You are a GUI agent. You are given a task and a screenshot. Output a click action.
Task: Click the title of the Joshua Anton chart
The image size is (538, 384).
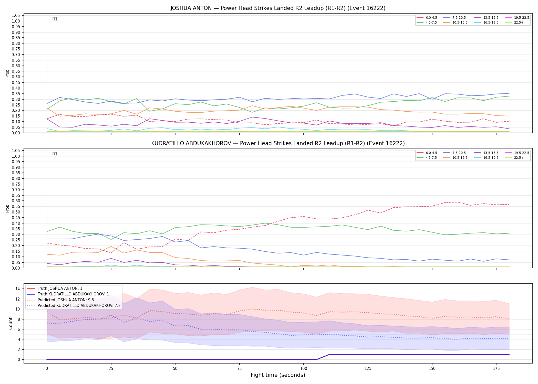278,8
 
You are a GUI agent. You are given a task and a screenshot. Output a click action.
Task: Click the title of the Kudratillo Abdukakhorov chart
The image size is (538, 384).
278,143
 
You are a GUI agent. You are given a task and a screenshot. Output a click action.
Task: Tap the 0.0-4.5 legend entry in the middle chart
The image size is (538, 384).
427,153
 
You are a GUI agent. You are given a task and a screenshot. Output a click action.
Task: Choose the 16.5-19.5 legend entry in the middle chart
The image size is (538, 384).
486,158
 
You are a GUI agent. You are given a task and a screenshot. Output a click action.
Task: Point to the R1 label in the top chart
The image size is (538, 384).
55,19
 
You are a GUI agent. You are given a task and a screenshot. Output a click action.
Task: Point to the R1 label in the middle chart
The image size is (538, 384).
55,154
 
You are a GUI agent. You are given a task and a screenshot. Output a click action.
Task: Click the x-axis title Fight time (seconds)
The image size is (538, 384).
278,375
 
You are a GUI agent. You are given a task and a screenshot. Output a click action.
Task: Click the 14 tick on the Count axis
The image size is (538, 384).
17,289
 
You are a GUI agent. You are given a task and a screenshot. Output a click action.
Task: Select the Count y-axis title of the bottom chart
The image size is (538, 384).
11,323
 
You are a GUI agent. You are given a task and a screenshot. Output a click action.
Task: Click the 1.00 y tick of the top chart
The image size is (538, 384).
16,21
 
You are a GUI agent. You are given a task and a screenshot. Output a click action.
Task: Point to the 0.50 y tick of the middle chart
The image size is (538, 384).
16,212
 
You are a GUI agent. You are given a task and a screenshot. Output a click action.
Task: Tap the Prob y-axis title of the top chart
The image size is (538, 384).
7,73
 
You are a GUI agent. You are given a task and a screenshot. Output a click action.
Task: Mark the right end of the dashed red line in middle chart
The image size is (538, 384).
509,204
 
